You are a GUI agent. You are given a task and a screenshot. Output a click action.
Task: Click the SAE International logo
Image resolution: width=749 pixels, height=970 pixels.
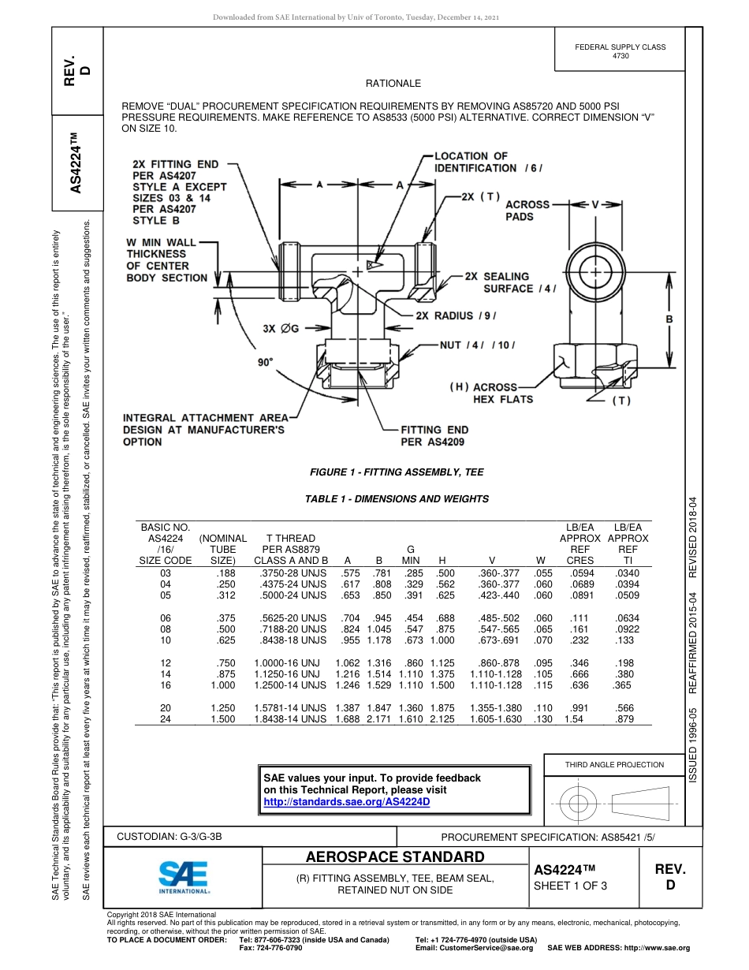(183, 876)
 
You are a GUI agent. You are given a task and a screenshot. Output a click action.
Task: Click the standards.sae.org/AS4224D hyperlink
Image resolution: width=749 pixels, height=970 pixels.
(346, 801)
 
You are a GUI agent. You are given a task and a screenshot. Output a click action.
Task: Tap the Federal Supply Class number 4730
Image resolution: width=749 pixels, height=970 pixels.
(620, 57)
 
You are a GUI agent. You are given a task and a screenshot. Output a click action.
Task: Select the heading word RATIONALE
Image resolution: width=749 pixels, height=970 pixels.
(393, 83)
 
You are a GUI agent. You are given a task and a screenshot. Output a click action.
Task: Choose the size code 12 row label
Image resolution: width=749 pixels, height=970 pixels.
(166, 663)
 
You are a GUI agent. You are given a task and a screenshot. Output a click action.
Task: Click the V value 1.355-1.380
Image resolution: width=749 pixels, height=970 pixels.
(495, 708)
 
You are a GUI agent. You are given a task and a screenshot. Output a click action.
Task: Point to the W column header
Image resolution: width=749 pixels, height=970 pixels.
(540, 561)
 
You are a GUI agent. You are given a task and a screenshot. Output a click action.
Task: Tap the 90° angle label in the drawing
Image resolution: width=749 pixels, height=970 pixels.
(265, 362)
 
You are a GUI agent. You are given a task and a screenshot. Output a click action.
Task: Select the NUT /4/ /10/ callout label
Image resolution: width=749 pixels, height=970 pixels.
(476, 344)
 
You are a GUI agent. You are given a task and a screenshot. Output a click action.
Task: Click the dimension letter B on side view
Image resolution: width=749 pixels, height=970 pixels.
(669, 319)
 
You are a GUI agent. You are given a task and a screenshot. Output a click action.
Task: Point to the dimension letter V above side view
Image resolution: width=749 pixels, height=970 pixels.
(596, 204)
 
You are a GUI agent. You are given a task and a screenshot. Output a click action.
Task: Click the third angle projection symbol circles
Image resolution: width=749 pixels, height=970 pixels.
(579, 803)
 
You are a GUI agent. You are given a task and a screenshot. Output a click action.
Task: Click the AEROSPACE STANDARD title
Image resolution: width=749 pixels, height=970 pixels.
(395, 857)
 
